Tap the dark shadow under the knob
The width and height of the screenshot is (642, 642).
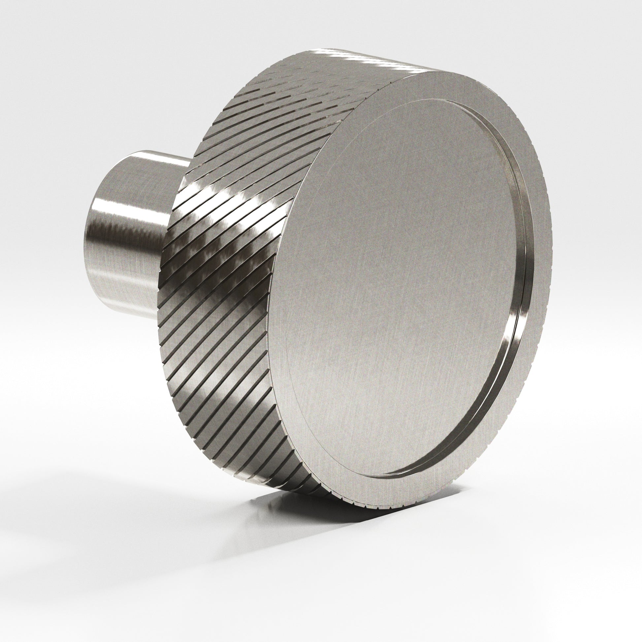(299, 518)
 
